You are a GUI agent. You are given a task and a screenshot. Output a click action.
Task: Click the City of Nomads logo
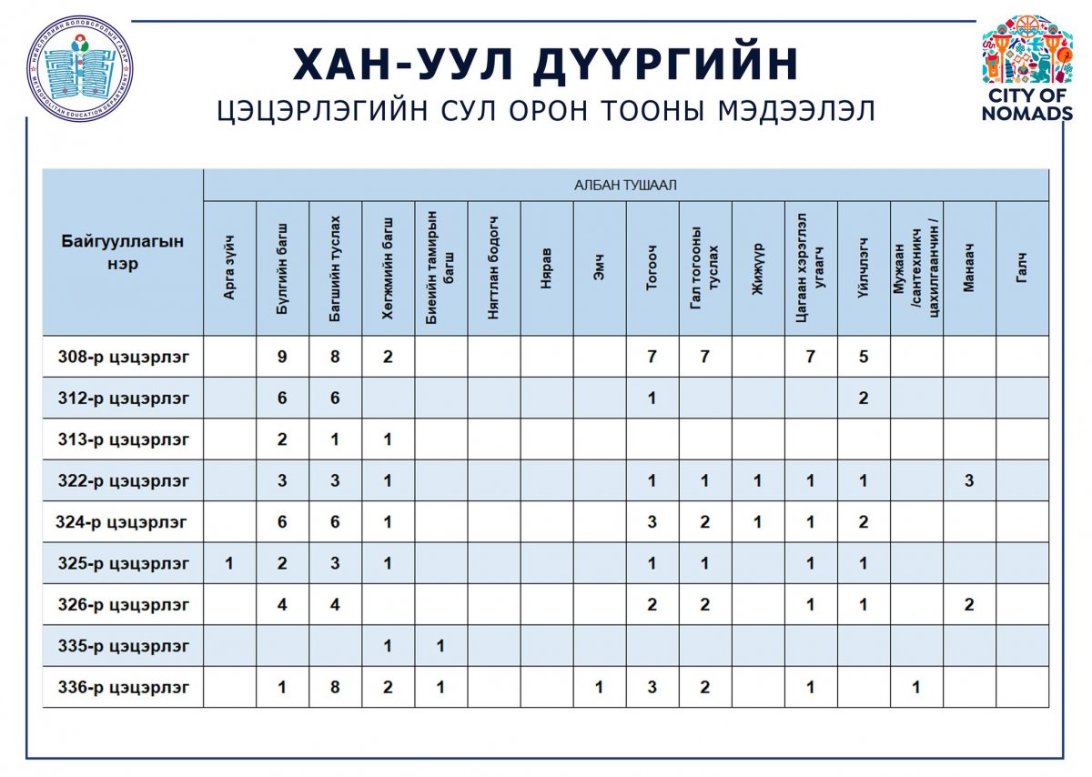point(1026,68)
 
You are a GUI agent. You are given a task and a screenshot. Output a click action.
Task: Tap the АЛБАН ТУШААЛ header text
point(625,186)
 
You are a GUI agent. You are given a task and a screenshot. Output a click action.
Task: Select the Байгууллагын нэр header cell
point(123,252)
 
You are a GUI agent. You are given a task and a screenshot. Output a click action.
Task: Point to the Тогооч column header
point(652,268)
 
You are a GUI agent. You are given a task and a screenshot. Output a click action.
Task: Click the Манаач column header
point(969,268)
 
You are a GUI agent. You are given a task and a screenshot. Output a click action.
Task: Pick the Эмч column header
point(599,268)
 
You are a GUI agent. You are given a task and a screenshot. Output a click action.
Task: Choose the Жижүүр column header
point(757,268)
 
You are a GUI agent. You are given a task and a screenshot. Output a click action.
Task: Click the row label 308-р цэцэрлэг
point(123,357)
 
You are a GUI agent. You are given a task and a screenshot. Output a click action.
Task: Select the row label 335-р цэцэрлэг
point(123,646)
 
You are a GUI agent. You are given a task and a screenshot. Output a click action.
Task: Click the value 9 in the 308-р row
point(282,357)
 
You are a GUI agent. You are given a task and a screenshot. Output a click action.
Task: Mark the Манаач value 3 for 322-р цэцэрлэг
point(969,481)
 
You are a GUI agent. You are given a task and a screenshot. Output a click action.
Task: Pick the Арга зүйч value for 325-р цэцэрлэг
point(229,564)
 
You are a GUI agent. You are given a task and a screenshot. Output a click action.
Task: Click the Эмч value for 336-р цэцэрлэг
point(599,688)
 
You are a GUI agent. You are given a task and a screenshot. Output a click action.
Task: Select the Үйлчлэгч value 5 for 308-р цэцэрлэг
point(863,357)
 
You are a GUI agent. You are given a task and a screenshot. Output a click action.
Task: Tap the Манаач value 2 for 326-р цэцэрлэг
point(969,605)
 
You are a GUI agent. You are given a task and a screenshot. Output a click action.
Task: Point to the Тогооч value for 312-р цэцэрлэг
point(652,399)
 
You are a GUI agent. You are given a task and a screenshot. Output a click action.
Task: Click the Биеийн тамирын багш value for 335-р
point(440,646)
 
